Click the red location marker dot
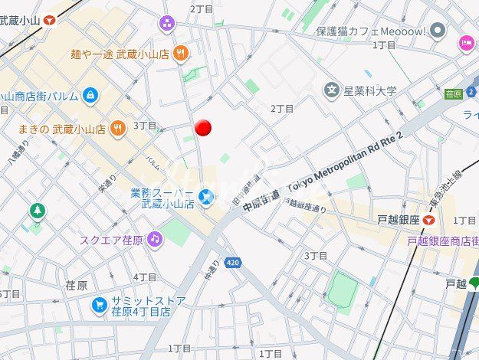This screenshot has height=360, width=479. [203, 127]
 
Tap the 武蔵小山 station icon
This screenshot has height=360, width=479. [51, 21]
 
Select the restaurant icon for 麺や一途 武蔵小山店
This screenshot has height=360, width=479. [181, 53]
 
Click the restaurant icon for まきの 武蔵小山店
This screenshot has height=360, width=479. [117, 128]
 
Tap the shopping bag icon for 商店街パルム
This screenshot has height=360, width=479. [91, 96]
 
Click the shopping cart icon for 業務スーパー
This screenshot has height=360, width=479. [205, 198]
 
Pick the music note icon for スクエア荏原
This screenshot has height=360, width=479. [156, 239]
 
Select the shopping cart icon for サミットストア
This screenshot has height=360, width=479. [99, 305]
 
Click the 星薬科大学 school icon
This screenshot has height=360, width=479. [331, 91]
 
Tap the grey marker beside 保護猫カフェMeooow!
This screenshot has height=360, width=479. [438, 31]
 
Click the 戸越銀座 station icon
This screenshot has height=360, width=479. [431, 220]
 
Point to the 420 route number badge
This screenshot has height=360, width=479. [235, 263]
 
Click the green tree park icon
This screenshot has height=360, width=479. [38, 211]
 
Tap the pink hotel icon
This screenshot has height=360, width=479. [466, 43]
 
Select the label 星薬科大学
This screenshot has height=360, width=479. [370, 91]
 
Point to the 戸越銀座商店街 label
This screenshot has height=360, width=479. [443, 241]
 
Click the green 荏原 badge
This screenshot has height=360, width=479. [453, 93]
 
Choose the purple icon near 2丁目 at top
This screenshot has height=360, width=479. [166, 24]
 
